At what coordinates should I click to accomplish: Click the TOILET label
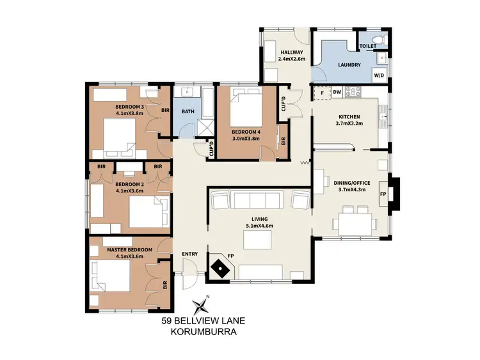click(x=367, y=47)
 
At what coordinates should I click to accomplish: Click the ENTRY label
click(x=190, y=254)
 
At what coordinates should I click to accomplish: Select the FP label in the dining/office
click(x=383, y=194)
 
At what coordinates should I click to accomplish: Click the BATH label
click(x=188, y=112)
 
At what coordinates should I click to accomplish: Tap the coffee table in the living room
click(x=257, y=239)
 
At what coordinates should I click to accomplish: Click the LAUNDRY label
click(x=349, y=65)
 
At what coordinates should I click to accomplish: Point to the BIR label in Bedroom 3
click(x=165, y=110)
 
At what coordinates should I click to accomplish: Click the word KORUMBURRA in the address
click(x=204, y=333)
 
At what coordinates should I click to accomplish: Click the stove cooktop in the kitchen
click(x=354, y=93)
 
